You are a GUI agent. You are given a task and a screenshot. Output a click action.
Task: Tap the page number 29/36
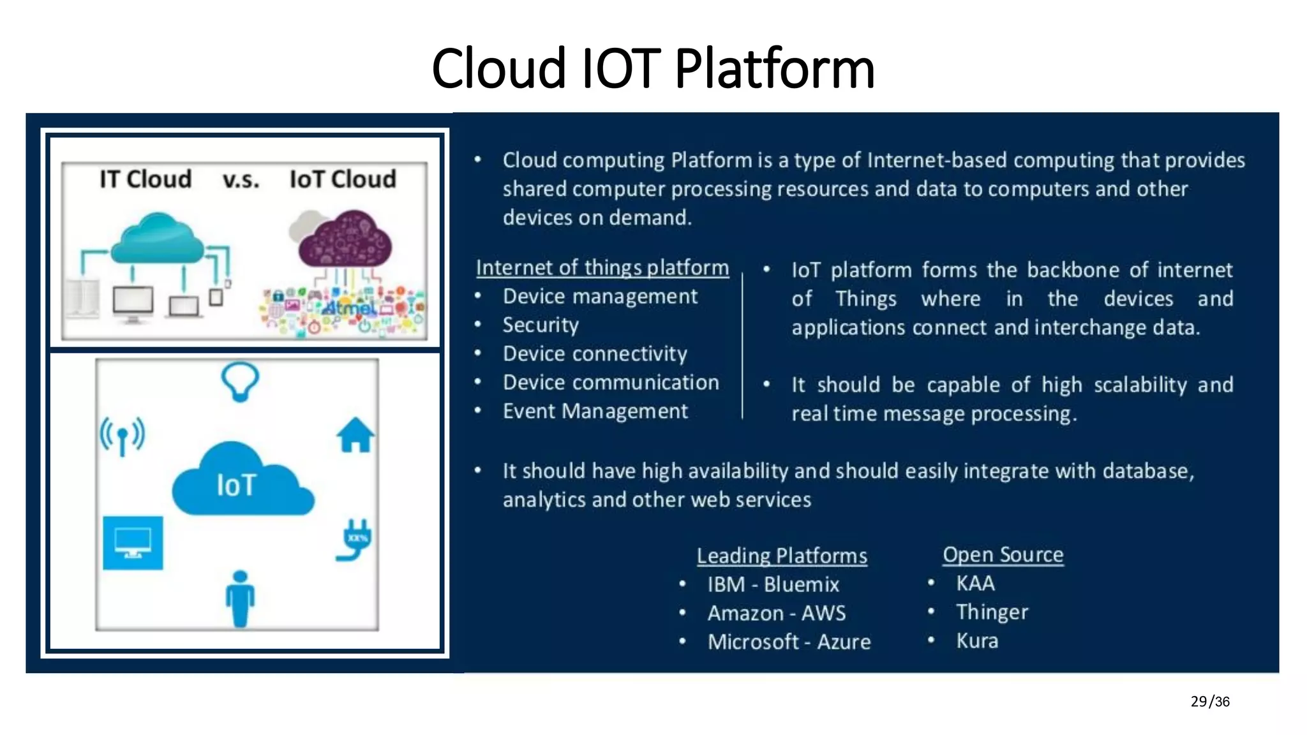coord(1209,701)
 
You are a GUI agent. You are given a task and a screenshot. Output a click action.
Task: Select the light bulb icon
coord(240,382)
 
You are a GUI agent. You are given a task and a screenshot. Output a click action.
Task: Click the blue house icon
coord(355,435)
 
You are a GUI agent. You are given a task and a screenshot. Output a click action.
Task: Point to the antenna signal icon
coord(122,436)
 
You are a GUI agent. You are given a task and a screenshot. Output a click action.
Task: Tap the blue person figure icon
coord(240,598)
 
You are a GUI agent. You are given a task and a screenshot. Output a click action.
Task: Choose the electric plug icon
coord(355,540)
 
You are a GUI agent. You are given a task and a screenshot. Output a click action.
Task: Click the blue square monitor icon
coord(133,543)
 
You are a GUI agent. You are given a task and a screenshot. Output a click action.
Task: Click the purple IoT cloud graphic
coord(345,239)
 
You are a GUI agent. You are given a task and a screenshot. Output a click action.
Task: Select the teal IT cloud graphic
coord(157,239)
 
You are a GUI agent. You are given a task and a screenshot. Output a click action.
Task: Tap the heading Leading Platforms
coord(782,556)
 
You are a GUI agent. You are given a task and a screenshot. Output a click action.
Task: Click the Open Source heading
coord(1003,554)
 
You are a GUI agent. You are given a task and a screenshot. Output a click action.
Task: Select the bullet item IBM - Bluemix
coord(773,584)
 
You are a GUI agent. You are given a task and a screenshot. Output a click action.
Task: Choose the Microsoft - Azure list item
coord(789,641)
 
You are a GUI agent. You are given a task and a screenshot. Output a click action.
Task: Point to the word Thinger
coord(992,612)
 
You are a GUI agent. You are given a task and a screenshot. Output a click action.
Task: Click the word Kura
coord(977,641)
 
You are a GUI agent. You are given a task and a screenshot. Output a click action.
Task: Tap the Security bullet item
coord(541,325)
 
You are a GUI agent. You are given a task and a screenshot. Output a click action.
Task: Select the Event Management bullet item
coord(595,411)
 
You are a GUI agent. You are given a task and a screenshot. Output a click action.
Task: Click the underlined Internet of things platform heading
coord(602,267)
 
